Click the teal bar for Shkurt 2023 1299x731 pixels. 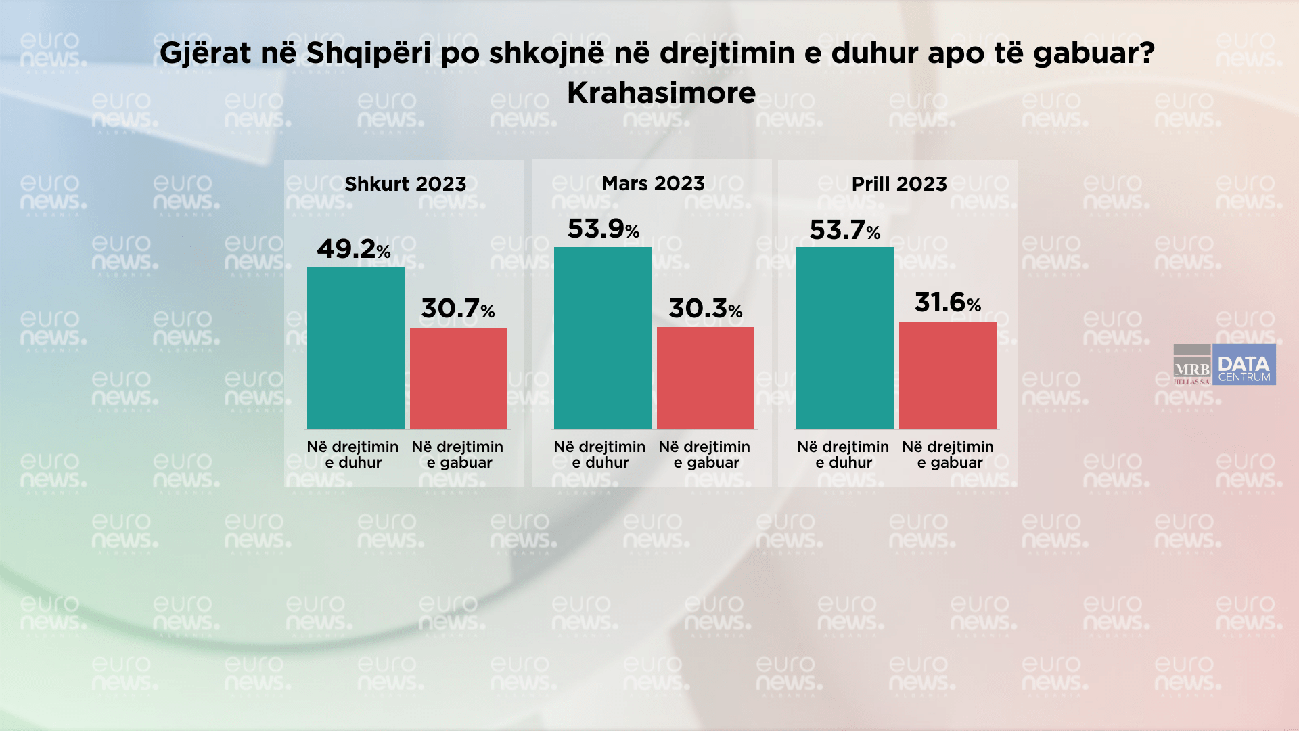click(x=356, y=348)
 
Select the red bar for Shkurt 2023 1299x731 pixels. click(x=459, y=378)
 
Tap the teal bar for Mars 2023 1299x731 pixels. click(x=603, y=338)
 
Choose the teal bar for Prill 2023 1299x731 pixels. click(x=845, y=338)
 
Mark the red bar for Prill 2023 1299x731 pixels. click(x=948, y=376)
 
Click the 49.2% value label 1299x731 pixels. click(x=354, y=249)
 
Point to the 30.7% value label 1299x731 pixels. click(x=458, y=309)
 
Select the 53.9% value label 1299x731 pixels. click(x=603, y=229)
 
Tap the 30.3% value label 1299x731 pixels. click(x=706, y=309)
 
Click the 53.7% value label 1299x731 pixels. click(x=845, y=230)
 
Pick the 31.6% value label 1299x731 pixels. click(x=948, y=303)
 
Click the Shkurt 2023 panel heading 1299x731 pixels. click(x=405, y=184)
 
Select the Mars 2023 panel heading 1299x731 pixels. click(x=653, y=183)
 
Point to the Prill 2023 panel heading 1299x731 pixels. click(x=899, y=184)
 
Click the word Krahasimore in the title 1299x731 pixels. click(x=661, y=93)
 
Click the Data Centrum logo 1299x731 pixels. click(x=1244, y=365)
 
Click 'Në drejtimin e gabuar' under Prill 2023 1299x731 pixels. click(x=948, y=455)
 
